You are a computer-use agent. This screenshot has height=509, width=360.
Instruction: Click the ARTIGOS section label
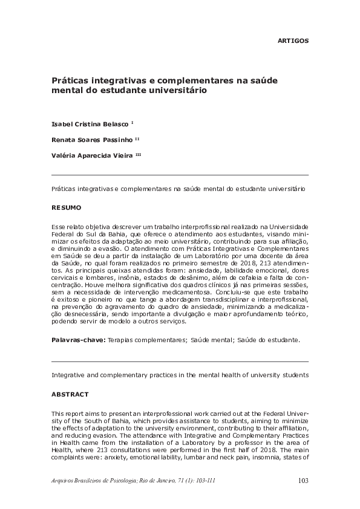pyautogui.click(x=293, y=41)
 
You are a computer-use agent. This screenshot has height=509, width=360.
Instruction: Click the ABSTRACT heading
pyautogui.click(x=70, y=393)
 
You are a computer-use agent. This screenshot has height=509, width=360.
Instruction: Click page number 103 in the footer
pyautogui.click(x=304, y=481)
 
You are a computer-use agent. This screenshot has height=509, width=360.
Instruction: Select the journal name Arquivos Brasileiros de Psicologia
pyautogui.click(x=96, y=481)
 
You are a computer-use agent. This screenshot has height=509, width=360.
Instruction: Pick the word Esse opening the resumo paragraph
pyautogui.click(x=59, y=225)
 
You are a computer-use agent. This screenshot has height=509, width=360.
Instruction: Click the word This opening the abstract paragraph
pyautogui.click(x=59, y=411)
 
